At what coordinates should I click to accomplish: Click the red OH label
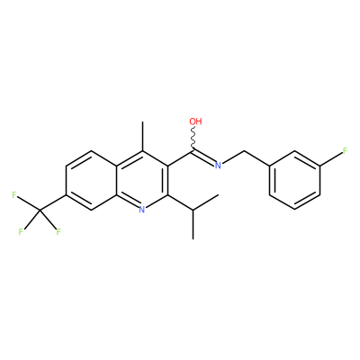(x=195, y=121)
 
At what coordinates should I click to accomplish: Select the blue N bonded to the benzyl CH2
(x=218, y=166)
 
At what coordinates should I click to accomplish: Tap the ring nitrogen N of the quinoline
(x=142, y=209)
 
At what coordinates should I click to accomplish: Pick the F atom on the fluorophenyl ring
(x=345, y=150)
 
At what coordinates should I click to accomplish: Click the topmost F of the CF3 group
(x=14, y=195)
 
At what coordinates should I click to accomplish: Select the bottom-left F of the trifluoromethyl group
(x=21, y=232)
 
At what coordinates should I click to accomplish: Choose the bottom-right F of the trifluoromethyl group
(x=58, y=232)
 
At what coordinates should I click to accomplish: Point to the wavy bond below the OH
(x=193, y=139)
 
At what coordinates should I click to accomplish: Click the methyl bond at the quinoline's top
(x=142, y=136)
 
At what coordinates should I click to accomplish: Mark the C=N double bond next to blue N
(x=203, y=157)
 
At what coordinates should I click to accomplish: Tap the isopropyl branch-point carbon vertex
(x=193, y=210)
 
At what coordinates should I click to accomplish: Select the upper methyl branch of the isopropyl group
(x=205, y=202)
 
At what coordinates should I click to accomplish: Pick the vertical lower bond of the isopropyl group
(x=193, y=224)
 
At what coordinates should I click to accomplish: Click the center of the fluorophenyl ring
(x=294, y=180)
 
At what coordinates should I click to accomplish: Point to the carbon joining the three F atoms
(x=40, y=210)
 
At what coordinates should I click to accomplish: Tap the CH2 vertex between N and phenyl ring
(x=244, y=150)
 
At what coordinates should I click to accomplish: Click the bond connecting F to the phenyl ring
(x=331, y=158)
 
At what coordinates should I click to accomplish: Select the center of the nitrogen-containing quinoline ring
(x=142, y=180)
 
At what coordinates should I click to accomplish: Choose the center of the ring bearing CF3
(x=92, y=180)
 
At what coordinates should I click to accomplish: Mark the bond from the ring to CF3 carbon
(x=53, y=202)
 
